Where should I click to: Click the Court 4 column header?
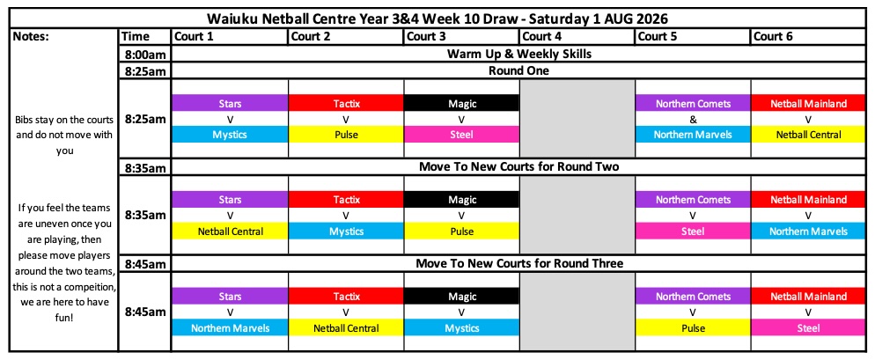(577, 37)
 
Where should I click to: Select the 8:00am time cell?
(144, 55)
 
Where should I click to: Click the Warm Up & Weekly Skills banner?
(519, 55)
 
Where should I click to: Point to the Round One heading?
(519, 71)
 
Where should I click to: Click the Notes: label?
(32, 37)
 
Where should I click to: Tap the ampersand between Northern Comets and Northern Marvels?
(693, 119)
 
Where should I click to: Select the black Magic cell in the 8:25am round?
(461, 103)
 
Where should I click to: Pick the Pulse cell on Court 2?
(345, 135)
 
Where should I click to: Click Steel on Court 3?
(461, 135)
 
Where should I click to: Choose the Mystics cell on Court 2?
(345, 231)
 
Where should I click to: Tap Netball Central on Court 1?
(230, 231)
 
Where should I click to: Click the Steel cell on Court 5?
(693, 231)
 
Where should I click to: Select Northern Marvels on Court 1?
(230, 327)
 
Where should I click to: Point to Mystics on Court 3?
(461, 327)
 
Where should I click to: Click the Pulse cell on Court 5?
(693, 327)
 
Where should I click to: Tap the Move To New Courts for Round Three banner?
(519, 263)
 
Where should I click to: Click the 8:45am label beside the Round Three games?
(144, 312)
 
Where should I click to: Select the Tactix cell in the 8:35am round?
(345, 199)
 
